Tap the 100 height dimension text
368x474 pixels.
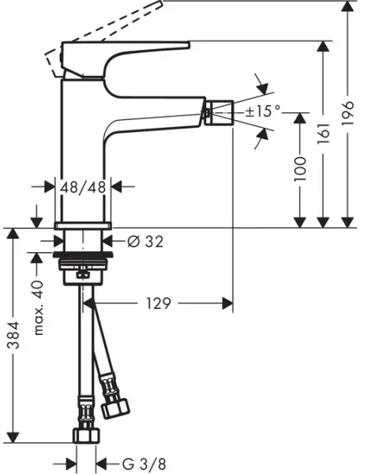(x=299, y=169)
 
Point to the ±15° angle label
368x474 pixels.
(x=262, y=111)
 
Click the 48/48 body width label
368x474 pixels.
(x=85, y=187)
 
